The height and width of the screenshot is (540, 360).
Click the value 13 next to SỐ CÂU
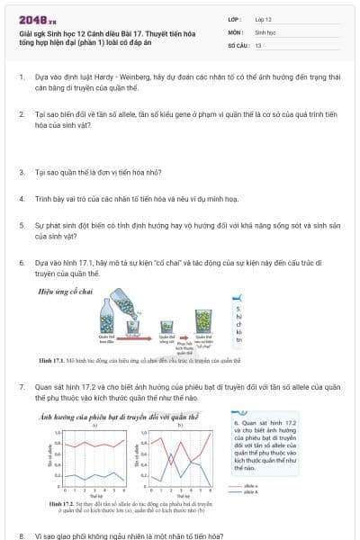258,44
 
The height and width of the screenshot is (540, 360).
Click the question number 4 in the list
22,196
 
